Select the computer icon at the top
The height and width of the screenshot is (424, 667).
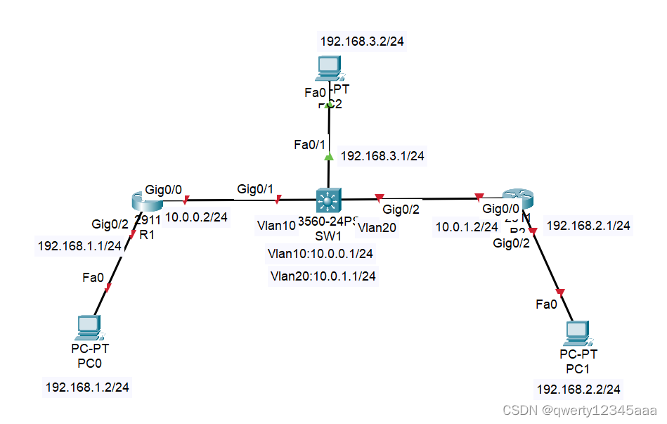328,68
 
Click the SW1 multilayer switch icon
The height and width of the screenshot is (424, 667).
328,201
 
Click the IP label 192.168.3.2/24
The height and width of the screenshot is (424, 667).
362,41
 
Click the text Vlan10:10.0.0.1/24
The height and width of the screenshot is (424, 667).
320,253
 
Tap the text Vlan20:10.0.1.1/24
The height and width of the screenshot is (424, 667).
323,276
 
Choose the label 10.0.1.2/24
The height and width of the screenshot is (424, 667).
467,226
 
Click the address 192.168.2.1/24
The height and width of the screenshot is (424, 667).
588,226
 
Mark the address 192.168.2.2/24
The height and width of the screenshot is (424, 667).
578,389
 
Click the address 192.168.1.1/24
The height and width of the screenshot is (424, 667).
79,246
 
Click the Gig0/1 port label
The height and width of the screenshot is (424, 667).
255,188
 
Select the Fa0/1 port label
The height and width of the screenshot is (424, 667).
309,145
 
